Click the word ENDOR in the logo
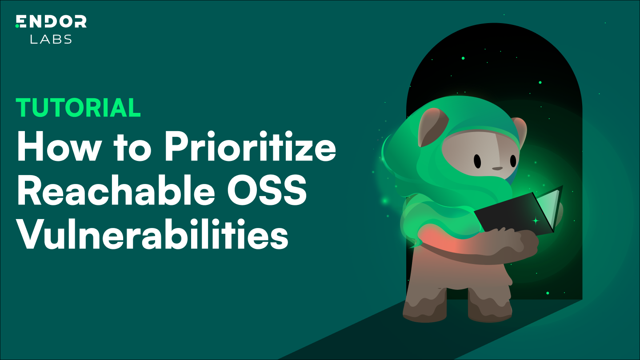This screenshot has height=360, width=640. point(51,21)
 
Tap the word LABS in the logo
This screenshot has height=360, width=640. point(51,39)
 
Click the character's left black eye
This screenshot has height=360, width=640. point(477,161)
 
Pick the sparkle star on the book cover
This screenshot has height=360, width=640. point(536,220)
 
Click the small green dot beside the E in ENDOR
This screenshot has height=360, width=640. point(17,26)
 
